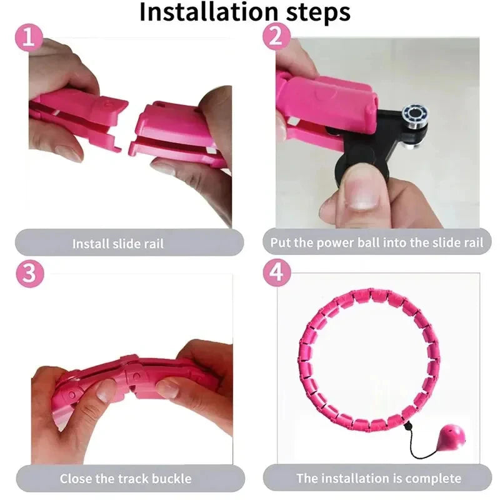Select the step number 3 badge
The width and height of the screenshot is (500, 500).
[27, 274]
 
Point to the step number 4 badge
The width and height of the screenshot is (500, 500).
[275, 274]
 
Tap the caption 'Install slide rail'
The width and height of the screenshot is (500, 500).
[118, 243]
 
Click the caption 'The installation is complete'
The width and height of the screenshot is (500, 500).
[379, 479]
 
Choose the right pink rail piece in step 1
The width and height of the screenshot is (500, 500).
[175, 134]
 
